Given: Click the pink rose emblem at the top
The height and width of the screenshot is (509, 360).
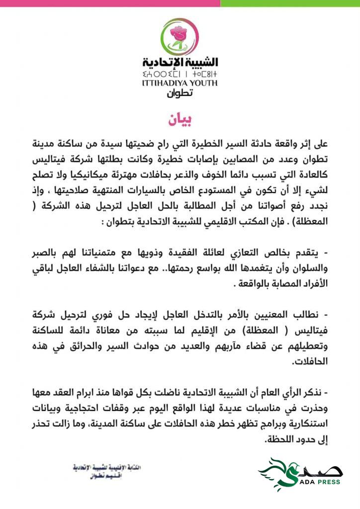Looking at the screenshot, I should pyautogui.click(x=180, y=36).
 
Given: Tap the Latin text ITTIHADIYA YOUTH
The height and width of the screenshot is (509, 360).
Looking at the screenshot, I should pyautogui.click(x=180, y=83).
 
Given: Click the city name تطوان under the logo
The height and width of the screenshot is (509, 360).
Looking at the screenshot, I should pyautogui.click(x=180, y=92).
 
